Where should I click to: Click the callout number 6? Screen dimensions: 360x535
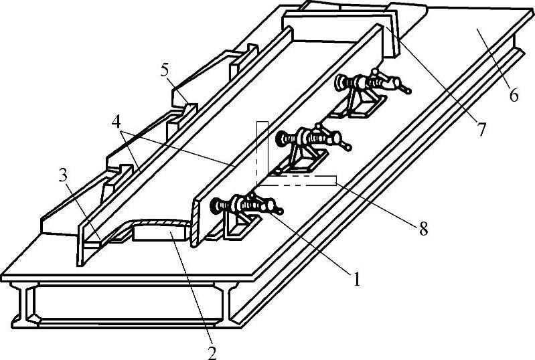(x=513, y=95)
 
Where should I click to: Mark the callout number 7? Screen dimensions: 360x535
(x=480, y=130)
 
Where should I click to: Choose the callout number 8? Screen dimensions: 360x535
(x=423, y=230)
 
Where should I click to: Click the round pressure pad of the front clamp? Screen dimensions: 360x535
(x=216, y=205)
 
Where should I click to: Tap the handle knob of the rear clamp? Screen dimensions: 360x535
(x=406, y=87)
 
